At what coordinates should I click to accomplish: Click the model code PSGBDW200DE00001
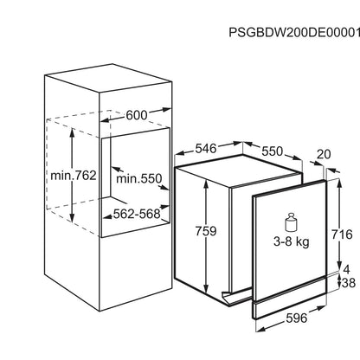[294, 32]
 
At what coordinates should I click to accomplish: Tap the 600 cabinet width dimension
[137, 115]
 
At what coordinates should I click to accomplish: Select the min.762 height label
[74, 175]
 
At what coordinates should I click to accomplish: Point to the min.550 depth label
[139, 178]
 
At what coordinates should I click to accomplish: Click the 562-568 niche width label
[137, 214]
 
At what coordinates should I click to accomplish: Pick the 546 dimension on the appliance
[206, 149]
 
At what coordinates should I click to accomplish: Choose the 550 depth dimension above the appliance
[272, 151]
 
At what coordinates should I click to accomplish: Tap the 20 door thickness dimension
[324, 154]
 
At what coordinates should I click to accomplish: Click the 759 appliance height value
[206, 231]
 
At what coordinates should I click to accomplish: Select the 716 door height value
[342, 235]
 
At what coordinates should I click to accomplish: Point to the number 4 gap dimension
[346, 269]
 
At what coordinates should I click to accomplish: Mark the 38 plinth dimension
[349, 283]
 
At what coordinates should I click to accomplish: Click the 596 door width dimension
[297, 318]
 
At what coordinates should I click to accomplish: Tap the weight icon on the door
[291, 222]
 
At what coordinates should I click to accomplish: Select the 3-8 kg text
[292, 241]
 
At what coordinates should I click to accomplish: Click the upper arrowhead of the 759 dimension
[206, 183]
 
